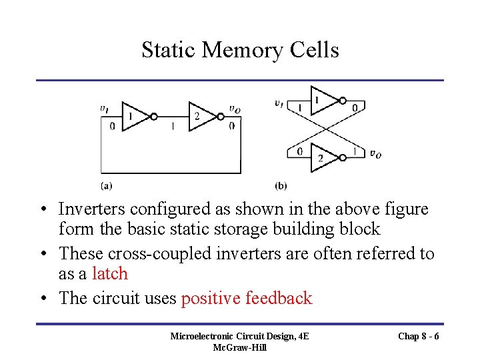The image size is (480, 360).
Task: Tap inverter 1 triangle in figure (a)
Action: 134,116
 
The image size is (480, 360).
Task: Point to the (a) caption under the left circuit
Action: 106,185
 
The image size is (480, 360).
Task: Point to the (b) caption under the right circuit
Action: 281,185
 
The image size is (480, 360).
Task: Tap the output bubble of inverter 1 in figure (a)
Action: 154,116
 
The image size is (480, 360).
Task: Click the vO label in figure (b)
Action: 375,155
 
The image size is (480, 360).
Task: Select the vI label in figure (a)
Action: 105,109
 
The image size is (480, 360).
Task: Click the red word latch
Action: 110,274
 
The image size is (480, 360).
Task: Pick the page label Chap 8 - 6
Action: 418,336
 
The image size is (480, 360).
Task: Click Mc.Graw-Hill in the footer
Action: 239,347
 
